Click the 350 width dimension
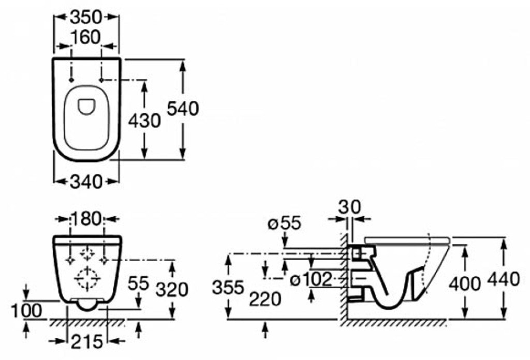coord(87,17)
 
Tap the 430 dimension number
coord(144,121)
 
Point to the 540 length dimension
coord(183,109)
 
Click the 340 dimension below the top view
coord(87,182)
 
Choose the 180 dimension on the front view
coord(87,219)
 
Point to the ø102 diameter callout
coord(310,280)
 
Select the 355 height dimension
coord(228,287)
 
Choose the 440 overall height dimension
coord(504,279)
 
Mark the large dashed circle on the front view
coord(87,279)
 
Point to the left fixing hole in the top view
coord(71,80)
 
